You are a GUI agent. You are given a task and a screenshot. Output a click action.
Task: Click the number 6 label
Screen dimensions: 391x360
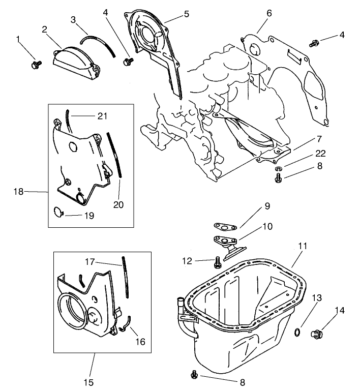click(269, 12)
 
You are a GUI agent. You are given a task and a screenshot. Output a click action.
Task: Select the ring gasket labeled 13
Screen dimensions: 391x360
click(297, 333)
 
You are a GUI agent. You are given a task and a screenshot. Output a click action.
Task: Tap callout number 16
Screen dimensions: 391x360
click(140, 342)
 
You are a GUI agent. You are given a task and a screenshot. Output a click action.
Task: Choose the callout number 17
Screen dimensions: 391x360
click(89, 262)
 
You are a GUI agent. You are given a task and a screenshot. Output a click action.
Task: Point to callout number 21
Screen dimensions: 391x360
click(102, 116)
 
